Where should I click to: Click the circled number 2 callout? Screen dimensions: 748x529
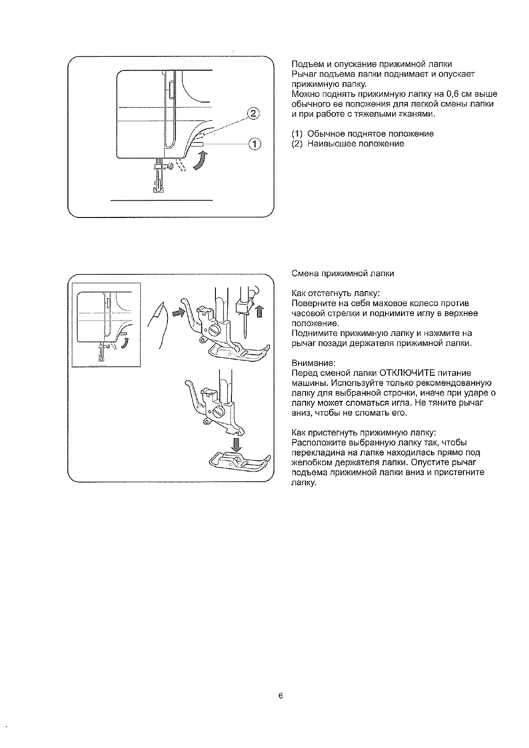pyautogui.click(x=252, y=114)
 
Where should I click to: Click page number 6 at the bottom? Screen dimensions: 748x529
pyautogui.click(x=281, y=696)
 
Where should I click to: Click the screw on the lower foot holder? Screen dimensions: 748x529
pyautogui.click(x=218, y=412)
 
